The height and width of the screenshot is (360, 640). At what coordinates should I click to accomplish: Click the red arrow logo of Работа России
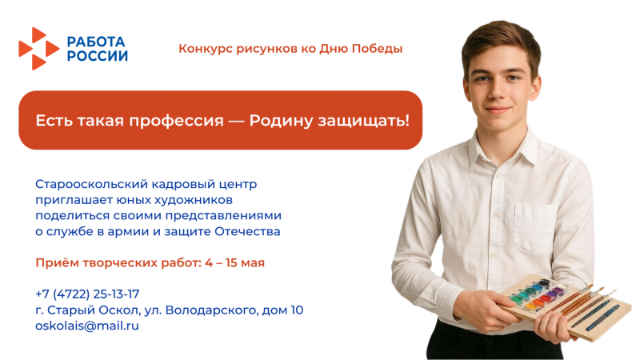point(38,48)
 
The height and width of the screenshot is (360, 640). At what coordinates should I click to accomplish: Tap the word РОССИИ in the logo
point(97,56)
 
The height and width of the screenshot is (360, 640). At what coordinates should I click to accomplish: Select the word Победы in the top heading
point(377,49)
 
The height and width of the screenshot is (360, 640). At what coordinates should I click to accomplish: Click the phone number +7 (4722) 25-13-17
point(87,294)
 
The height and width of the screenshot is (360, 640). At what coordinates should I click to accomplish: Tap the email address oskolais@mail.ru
point(87,326)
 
